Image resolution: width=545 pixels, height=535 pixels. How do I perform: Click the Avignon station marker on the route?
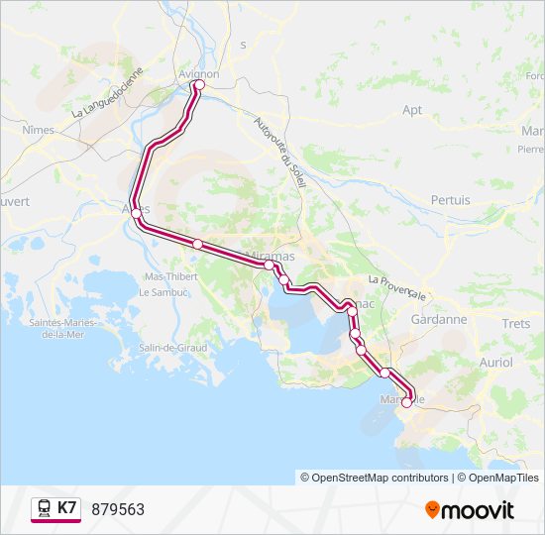[198, 85]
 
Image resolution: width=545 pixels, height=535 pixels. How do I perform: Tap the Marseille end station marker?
[406, 402]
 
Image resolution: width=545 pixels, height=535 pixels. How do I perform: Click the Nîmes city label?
[39, 130]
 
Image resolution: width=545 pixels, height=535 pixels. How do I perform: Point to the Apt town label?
[412, 111]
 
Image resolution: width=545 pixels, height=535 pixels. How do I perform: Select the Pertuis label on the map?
[450, 199]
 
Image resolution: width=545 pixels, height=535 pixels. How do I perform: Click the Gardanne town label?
[439, 320]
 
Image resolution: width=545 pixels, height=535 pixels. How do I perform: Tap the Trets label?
[516, 324]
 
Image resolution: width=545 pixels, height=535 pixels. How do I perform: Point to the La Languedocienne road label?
[109, 94]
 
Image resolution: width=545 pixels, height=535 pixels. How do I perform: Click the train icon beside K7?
[45, 508]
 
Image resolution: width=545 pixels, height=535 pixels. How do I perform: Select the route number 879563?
[118, 509]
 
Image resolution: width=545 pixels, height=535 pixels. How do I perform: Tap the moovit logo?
[470, 509]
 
